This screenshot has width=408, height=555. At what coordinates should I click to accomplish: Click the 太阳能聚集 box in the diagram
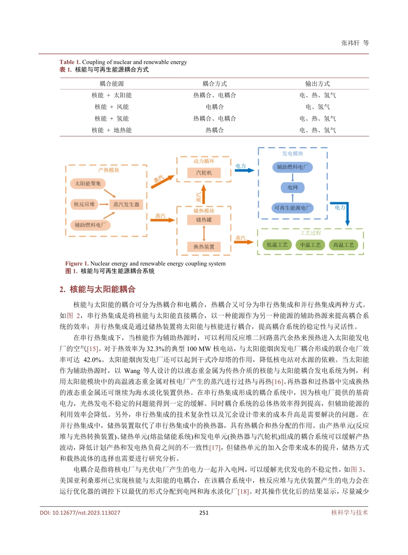pyautogui.click(x=88, y=184)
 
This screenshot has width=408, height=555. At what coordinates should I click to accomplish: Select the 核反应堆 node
pyautogui.click(x=84, y=204)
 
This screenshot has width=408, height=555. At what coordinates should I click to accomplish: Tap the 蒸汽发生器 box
pyautogui.click(x=126, y=205)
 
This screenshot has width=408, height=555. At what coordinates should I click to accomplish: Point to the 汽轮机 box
pyautogui.click(x=204, y=173)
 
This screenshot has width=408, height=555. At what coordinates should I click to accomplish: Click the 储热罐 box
pyautogui.click(x=204, y=220)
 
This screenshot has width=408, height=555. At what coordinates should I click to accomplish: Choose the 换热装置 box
pyautogui.click(x=204, y=247)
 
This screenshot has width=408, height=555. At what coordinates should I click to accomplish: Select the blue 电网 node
pyautogui.click(x=292, y=188)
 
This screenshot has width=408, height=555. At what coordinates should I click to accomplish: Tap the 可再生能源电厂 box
pyautogui.click(x=292, y=208)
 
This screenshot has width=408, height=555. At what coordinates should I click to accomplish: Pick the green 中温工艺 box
pyautogui.click(x=310, y=245)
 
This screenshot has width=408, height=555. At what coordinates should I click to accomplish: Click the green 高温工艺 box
pyautogui.click(x=344, y=245)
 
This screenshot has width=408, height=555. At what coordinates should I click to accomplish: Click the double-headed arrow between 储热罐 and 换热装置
pyautogui.click(x=204, y=233)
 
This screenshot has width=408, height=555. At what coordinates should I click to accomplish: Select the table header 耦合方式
pyautogui.click(x=214, y=84)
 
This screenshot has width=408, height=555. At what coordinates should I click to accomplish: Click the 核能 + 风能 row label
pyautogui.click(x=112, y=107)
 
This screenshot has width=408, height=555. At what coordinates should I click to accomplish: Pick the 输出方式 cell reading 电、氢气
pyautogui.click(x=317, y=107)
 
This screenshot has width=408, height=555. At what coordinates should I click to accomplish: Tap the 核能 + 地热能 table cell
pyautogui.click(x=112, y=130)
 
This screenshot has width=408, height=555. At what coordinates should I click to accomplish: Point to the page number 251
pyautogui.click(x=204, y=512)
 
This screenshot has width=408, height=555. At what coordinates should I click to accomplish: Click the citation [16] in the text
pyautogui.click(x=278, y=382)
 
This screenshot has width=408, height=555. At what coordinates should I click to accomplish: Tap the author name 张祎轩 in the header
pyautogui.click(x=350, y=43)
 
